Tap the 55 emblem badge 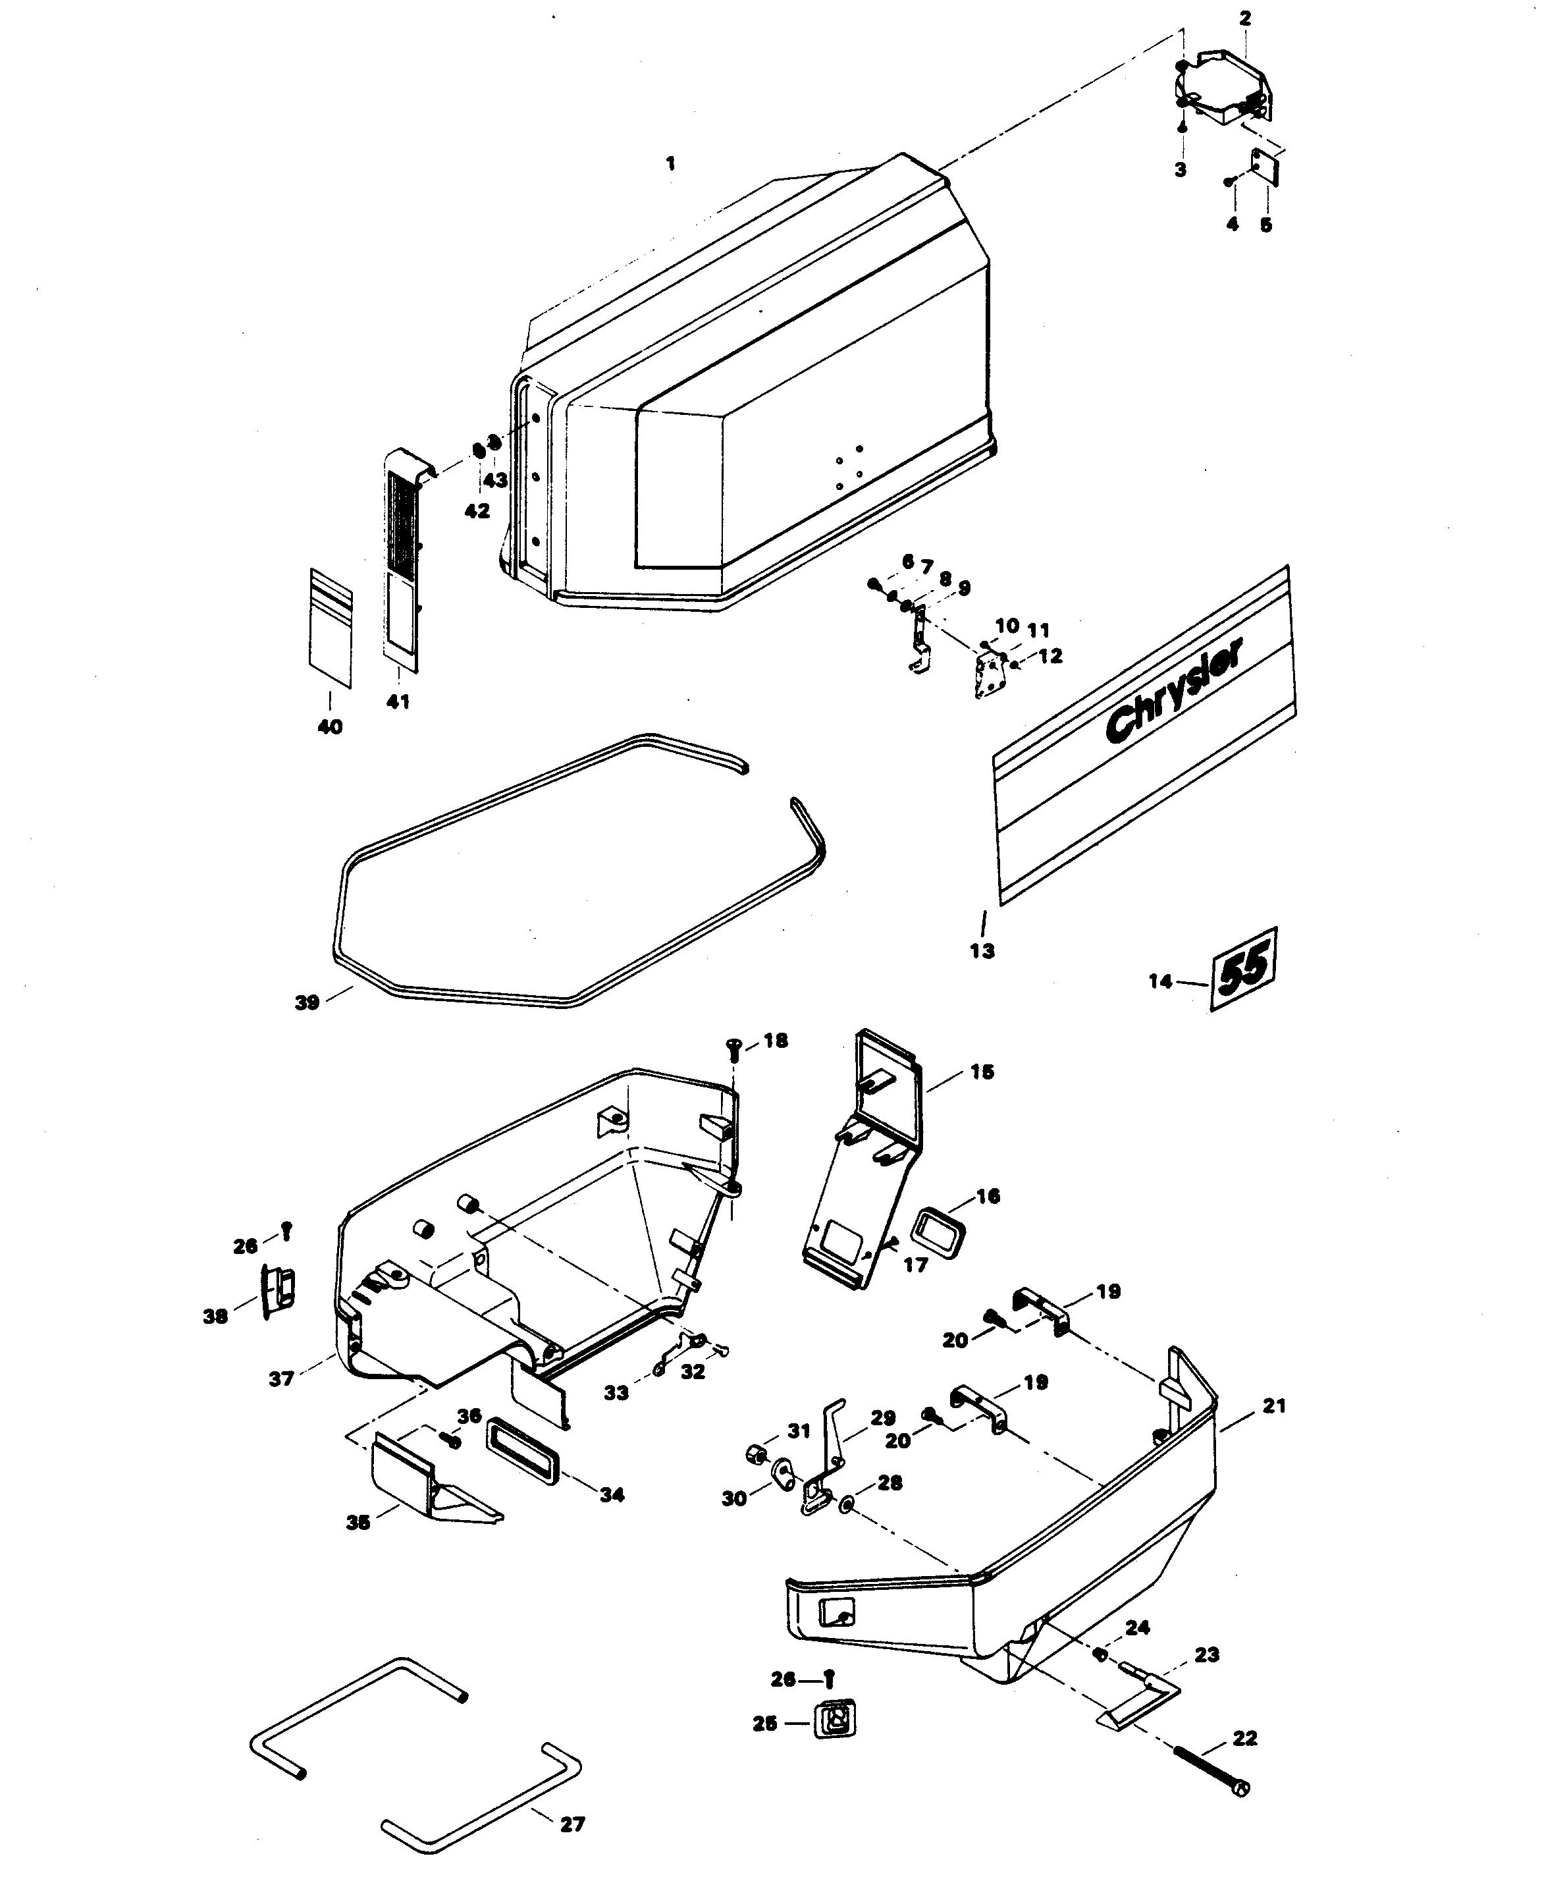[x=1244, y=969]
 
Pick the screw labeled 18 [x=733, y=1049]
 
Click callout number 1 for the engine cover [x=671, y=163]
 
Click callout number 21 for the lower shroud [x=1274, y=1405]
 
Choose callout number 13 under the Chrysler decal [x=982, y=951]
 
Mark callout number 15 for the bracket [x=982, y=1072]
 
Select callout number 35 [x=358, y=1522]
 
